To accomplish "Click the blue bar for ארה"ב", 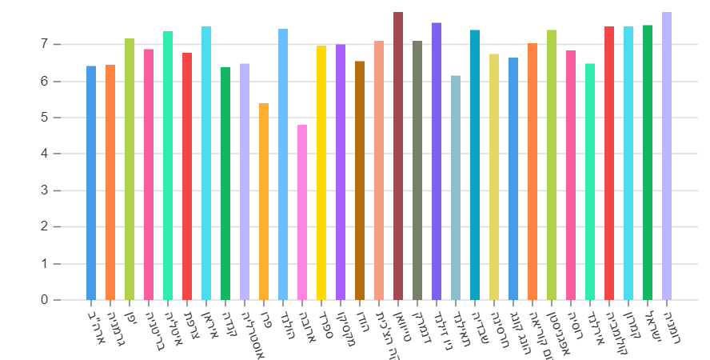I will [91, 183].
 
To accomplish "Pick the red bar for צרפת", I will [187, 177].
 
